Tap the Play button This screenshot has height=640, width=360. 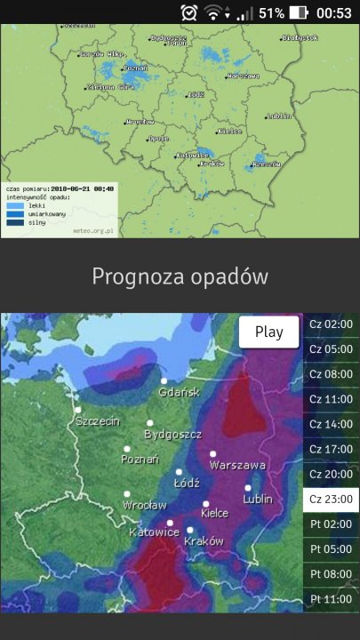click(x=268, y=332)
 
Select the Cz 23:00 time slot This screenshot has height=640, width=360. click(x=331, y=499)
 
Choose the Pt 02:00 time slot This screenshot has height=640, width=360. click(x=331, y=524)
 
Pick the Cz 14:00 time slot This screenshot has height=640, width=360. click(x=331, y=424)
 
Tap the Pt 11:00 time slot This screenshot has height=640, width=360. click(x=331, y=599)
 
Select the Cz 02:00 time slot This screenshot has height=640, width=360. click(x=331, y=324)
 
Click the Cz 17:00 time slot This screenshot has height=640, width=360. click(x=331, y=449)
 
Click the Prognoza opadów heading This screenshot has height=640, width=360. click(x=180, y=276)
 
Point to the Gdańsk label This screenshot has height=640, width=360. click(x=179, y=392)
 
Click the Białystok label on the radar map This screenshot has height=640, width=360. click(x=300, y=38)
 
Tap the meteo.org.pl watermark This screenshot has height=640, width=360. click(x=93, y=230)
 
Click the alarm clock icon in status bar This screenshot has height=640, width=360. click(x=188, y=12)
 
